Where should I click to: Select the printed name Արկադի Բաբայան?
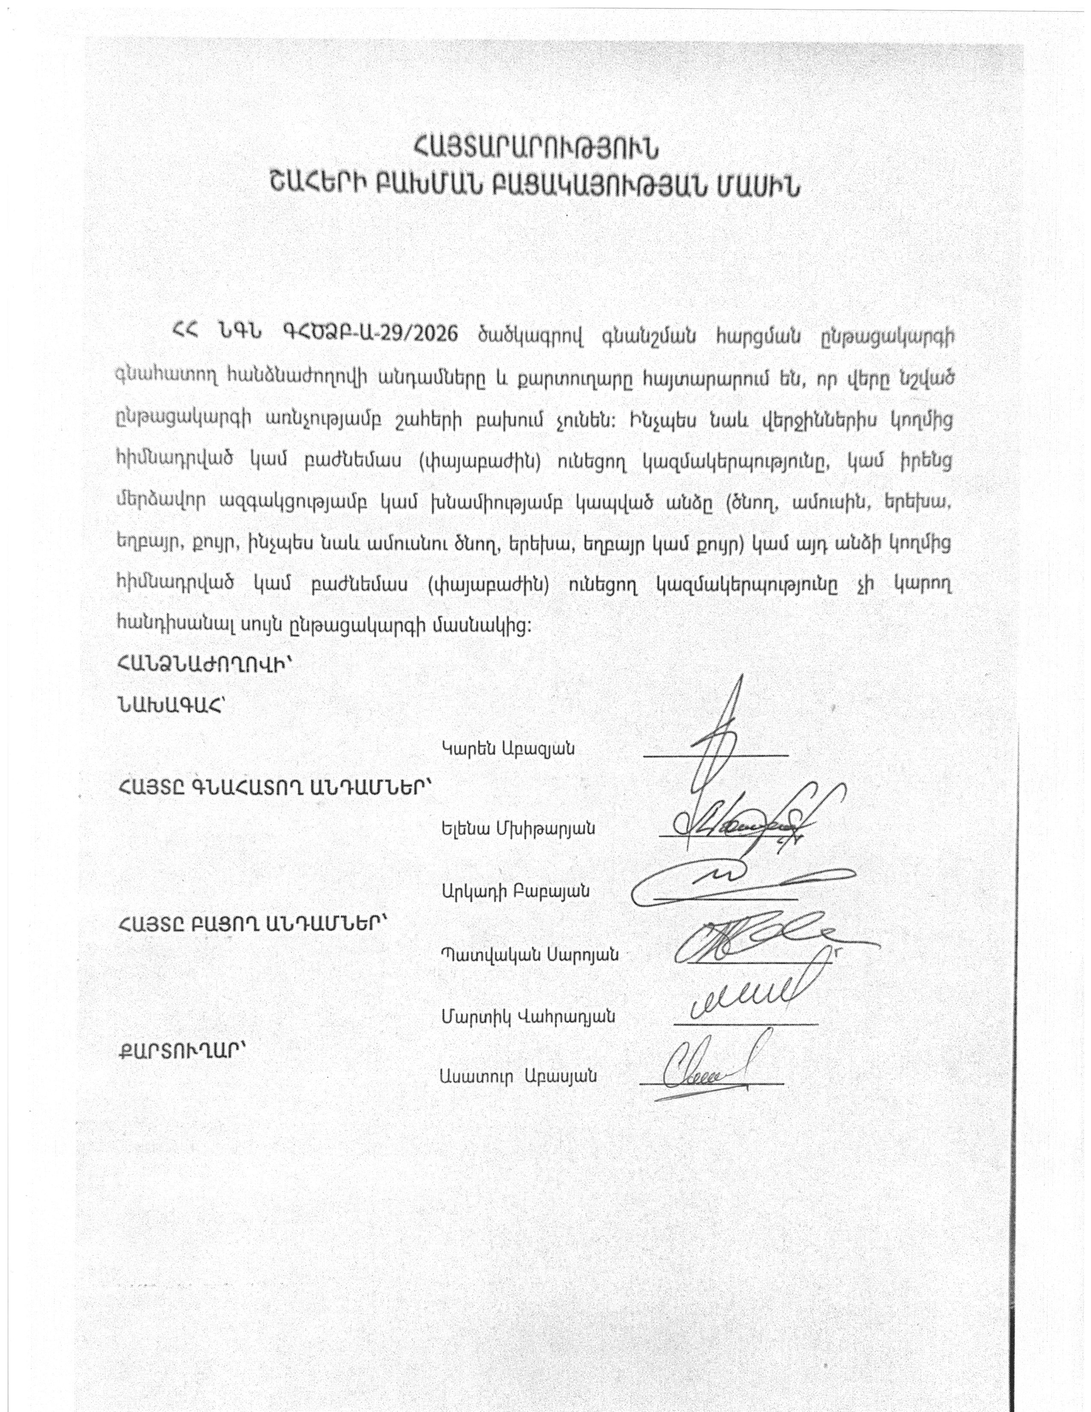(x=515, y=892)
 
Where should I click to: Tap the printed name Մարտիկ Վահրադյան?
(x=528, y=1016)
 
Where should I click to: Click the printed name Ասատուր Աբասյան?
(x=517, y=1077)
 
